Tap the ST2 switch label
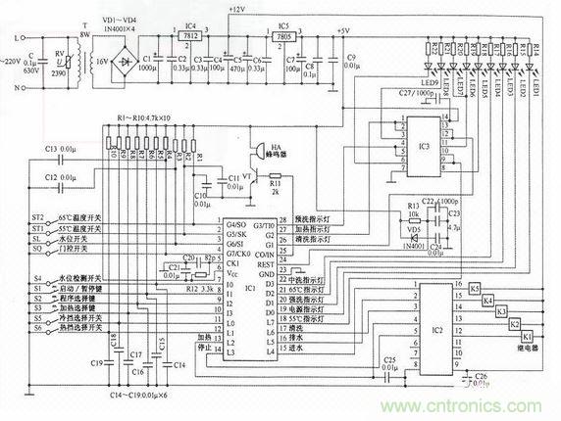[11, 217]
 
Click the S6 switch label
[10, 331]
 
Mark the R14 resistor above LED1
[536, 48]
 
